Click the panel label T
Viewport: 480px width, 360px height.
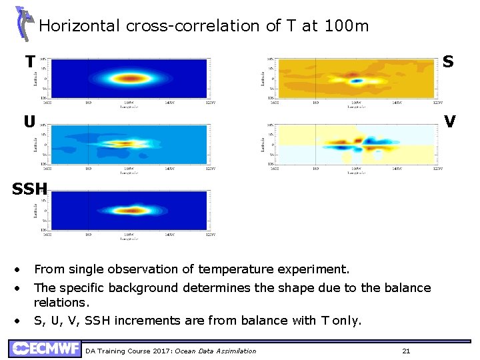[x=30, y=62]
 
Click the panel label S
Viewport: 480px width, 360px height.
[x=448, y=62]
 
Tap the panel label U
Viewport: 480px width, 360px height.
[x=29, y=122]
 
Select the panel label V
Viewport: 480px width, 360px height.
[x=449, y=121]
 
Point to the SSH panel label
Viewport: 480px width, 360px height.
[x=28, y=189]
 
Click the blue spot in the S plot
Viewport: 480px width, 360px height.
[x=357, y=81]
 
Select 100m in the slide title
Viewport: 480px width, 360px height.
[x=345, y=26]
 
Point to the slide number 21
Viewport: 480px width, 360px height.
[x=406, y=351]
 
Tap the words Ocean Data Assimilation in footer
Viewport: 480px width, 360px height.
[x=215, y=351]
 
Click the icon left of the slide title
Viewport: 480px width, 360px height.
[x=24, y=23]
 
